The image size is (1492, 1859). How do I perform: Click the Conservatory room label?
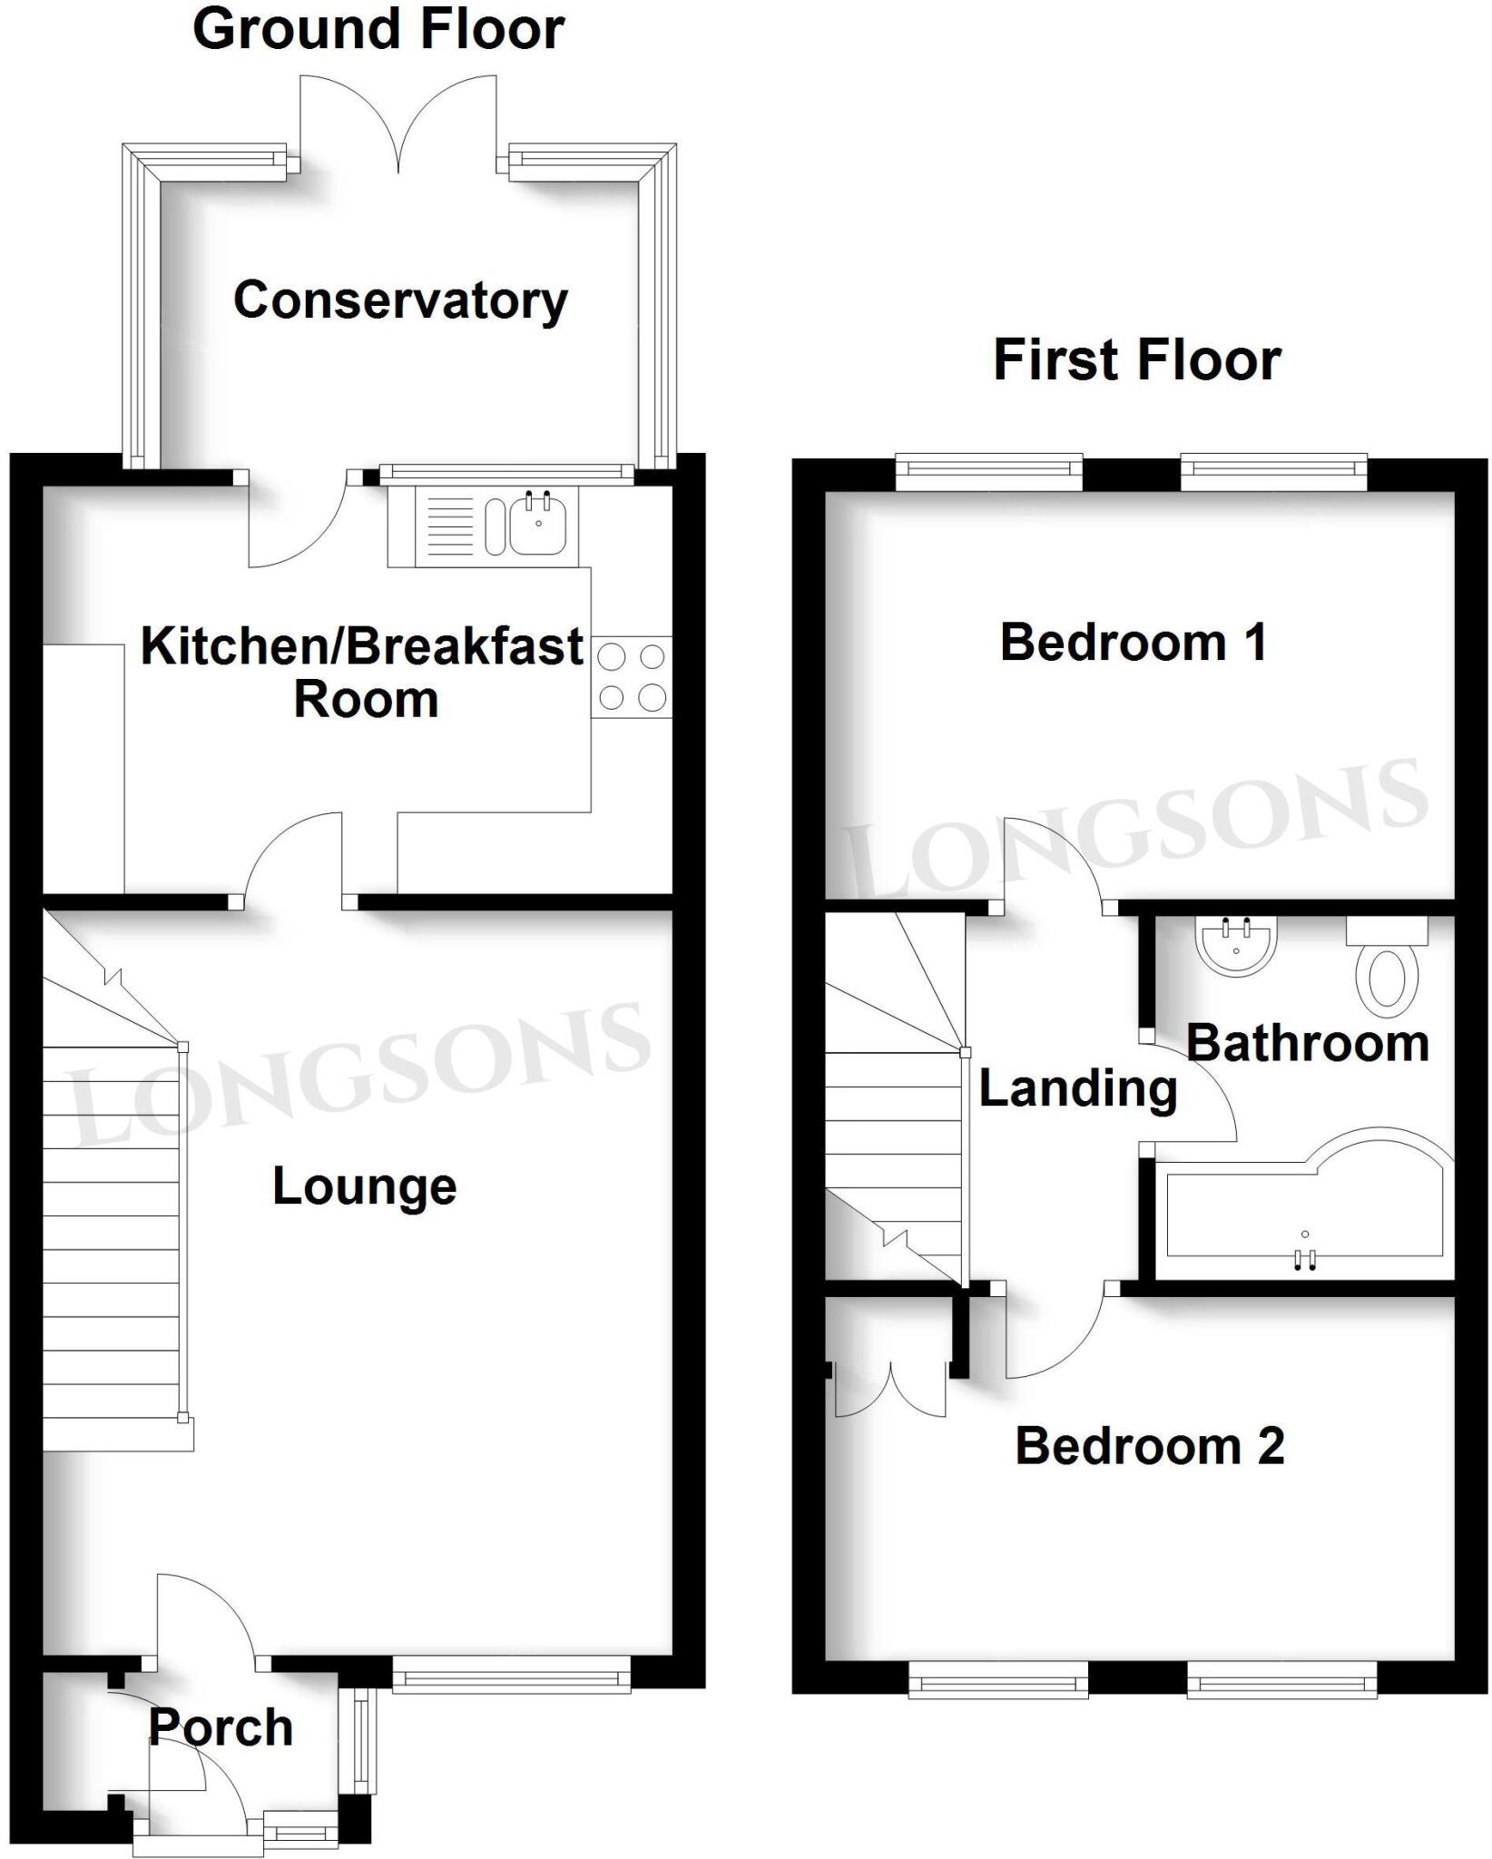pyautogui.click(x=400, y=300)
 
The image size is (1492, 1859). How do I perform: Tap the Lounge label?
pyautogui.click(x=364, y=1187)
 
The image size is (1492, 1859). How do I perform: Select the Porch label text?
pyautogui.click(x=221, y=1726)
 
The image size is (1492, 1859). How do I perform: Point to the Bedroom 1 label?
pyautogui.click(x=1134, y=643)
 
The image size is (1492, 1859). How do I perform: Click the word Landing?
pyautogui.click(x=1078, y=1088)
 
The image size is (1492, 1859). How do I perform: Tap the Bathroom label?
pyautogui.click(x=1308, y=1043)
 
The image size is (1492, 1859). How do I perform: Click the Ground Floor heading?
pyautogui.click(x=378, y=29)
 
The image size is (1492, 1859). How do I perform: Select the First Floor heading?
pyautogui.click(x=1137, y=359)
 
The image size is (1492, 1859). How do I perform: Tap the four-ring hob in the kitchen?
pyautogui.click(x=633, y=677)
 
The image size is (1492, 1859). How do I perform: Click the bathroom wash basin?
pyautogui.click(x=1236, y=946)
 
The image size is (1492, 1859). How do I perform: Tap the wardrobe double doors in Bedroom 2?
pyautogui.click(x=890, y=1387)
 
